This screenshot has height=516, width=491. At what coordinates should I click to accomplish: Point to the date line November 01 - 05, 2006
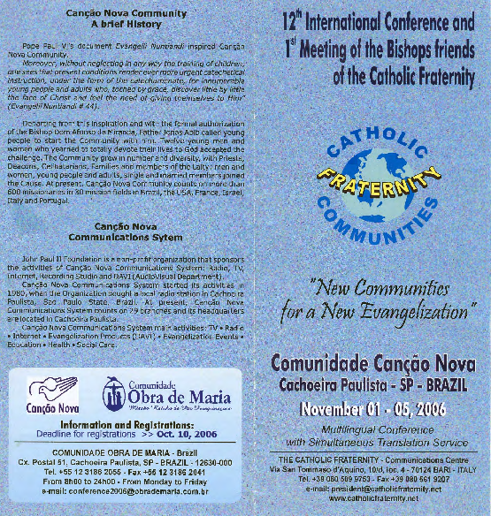(x=375, y=409)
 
